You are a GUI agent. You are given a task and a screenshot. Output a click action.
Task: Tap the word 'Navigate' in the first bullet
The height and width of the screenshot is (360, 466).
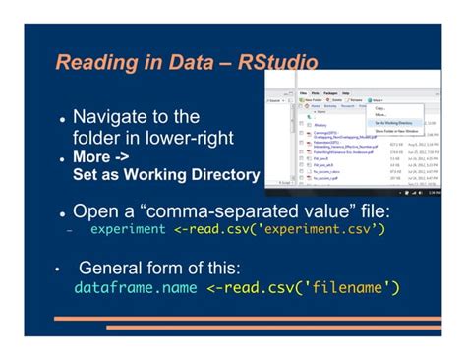coord(114,117)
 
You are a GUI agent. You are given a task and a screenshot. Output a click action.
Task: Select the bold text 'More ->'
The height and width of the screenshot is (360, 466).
coord(100,157)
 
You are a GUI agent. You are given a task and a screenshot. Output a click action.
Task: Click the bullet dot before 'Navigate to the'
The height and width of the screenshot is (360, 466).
coord(62,119)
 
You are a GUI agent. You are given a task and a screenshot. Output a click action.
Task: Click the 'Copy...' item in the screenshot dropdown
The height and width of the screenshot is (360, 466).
coord(379,107)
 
